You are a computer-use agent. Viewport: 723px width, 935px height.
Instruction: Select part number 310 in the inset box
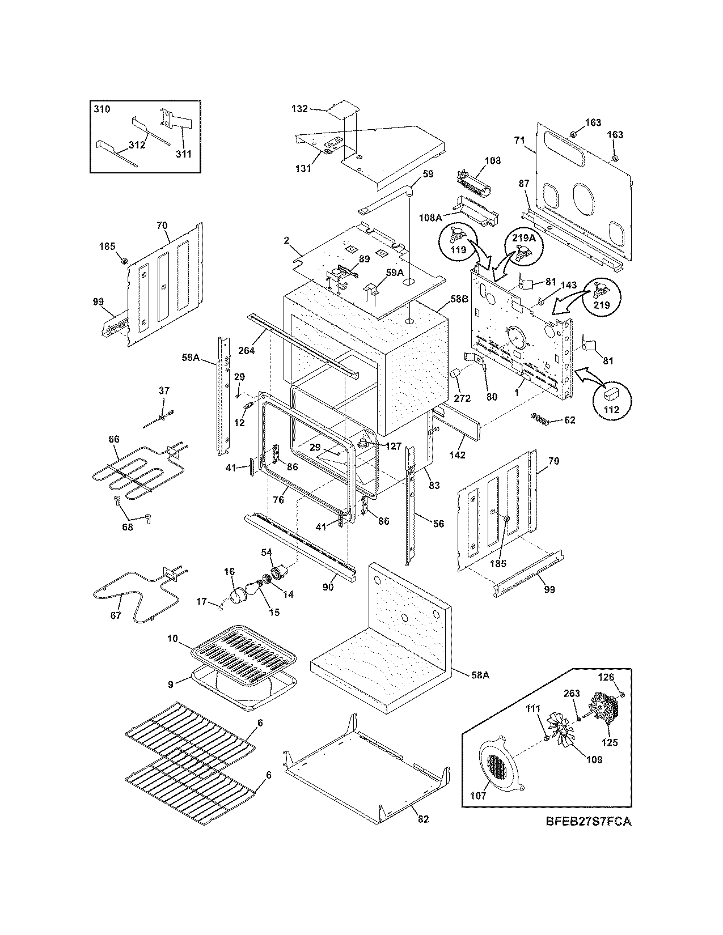point(102,109)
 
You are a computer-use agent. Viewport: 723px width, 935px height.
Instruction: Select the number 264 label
point(247,350)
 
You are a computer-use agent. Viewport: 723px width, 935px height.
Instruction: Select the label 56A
point(191,358)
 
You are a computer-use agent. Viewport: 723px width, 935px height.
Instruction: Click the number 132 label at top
point(315,109)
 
